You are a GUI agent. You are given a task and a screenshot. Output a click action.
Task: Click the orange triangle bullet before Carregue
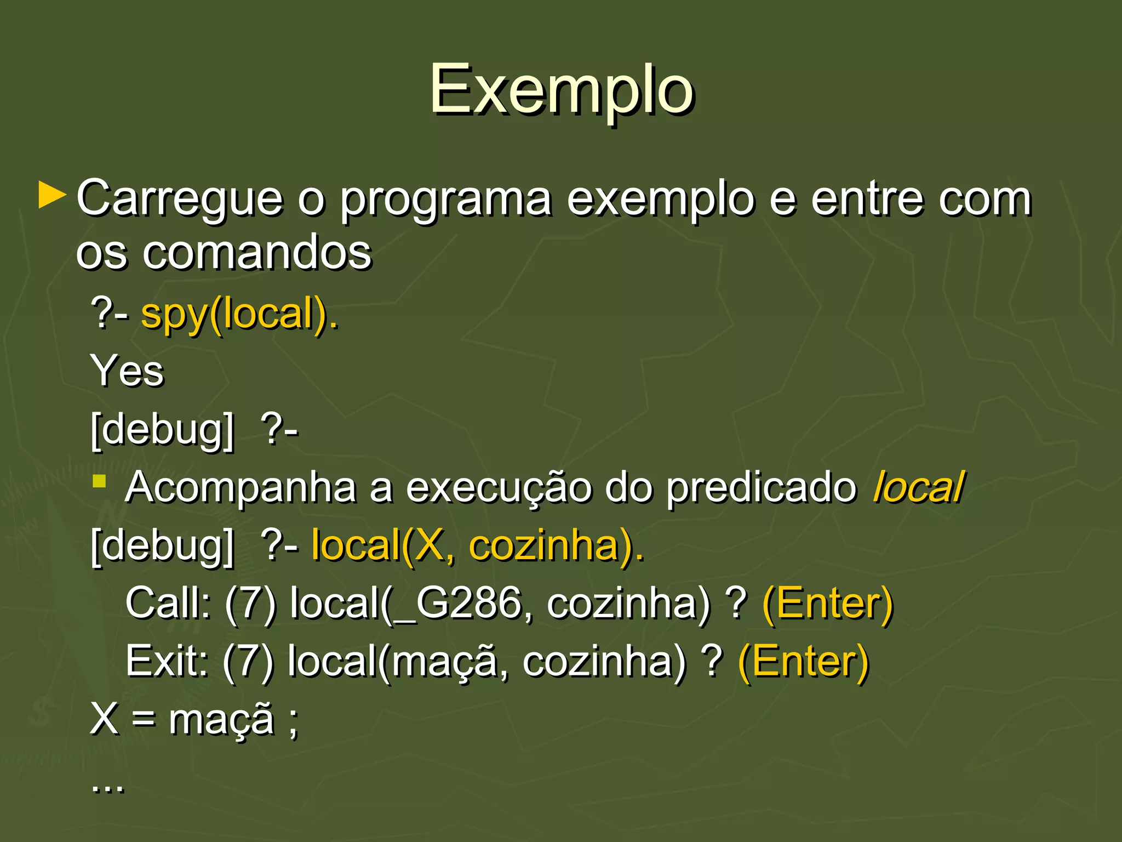point(52,196)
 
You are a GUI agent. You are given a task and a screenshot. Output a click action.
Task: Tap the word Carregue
point(179,198)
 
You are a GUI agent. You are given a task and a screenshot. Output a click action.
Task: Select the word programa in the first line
point(445,198)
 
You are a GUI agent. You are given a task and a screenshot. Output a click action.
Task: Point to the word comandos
point(257,253)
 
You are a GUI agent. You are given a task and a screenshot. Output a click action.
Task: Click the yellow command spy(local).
point(240,315)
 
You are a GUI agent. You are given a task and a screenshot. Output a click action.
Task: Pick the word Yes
point(127,371)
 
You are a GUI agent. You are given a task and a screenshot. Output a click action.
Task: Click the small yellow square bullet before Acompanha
point(99,481)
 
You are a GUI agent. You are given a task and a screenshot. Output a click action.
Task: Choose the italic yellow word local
point(918,487)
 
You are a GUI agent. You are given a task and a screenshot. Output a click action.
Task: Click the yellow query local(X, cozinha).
point(478,546)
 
